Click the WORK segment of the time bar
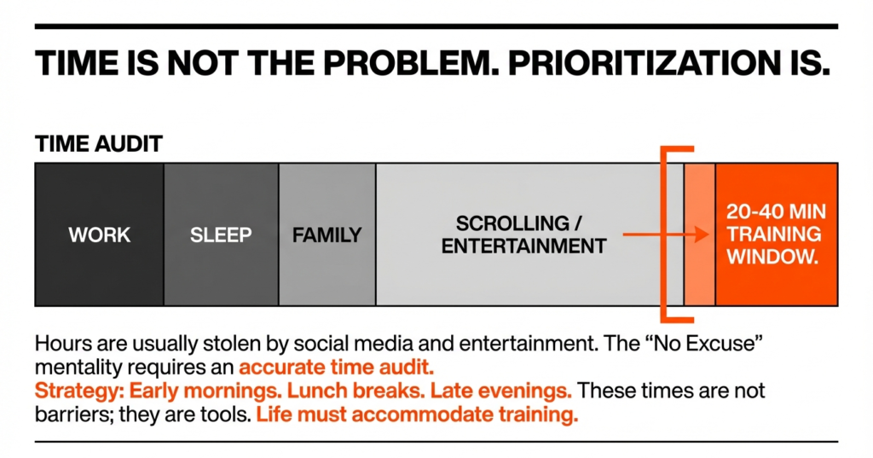pyautogui.click(x=99, y=235)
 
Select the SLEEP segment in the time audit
pyautogui.click(x=221, y=235)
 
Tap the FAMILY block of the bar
pyautogui.click(x=327, y=235)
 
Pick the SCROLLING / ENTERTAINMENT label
pyautogui.click(x=524, y=235)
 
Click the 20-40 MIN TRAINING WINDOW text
pyautogui.click(x=776, y=235)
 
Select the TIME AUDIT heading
pyautogui.click(x=98, y=144)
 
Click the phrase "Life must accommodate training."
pyautogui.click(x=417, y=416)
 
